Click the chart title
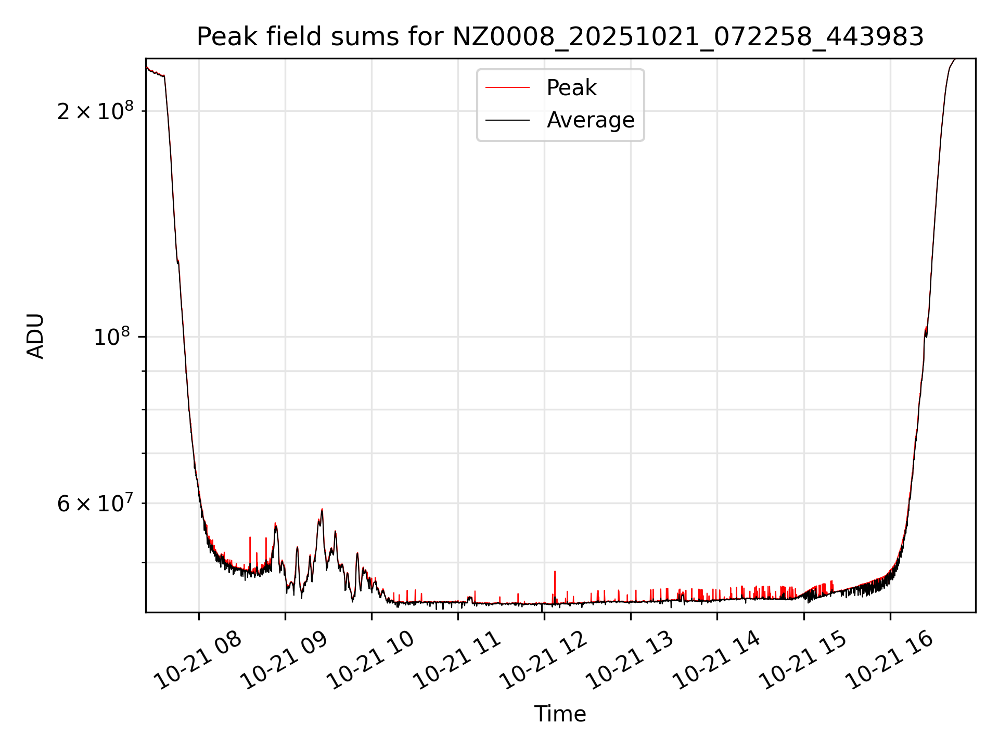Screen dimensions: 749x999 point(560,37)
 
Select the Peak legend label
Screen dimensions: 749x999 point(571,88)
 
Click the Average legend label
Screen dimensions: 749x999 point(591,120)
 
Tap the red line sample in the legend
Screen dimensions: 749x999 point(507,88)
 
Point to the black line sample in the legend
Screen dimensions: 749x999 point(507,120)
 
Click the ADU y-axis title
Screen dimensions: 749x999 point(35,335)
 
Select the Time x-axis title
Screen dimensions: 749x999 point(560,714)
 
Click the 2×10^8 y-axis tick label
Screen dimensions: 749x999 point(95,111)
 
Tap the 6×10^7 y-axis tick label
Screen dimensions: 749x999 point(95,503)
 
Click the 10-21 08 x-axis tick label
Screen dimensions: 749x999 point(199,661)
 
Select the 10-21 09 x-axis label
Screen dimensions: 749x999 point(285,661)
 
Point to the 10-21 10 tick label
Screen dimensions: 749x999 point(372,661)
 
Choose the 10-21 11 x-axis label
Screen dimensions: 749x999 point(458,661)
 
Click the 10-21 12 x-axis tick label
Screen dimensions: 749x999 point(544,661)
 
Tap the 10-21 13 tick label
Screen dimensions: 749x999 point(631,661)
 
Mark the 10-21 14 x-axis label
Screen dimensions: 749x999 point(717,661)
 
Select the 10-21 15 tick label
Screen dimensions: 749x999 point(803,661)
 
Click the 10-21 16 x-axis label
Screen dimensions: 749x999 point(890,661)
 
